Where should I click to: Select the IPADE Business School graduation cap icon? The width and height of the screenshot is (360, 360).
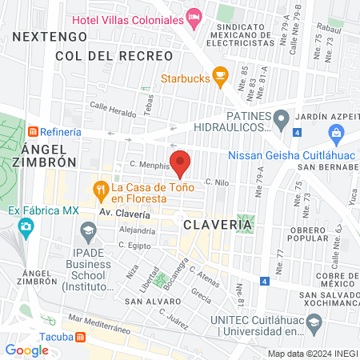88,234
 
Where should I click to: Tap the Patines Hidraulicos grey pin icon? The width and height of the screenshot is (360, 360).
280,119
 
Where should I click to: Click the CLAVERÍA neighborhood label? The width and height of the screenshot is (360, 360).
218,225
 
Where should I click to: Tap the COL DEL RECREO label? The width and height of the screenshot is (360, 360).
114,56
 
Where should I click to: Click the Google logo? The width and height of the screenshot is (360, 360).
26,350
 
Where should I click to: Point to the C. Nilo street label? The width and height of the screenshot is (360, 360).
218,182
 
